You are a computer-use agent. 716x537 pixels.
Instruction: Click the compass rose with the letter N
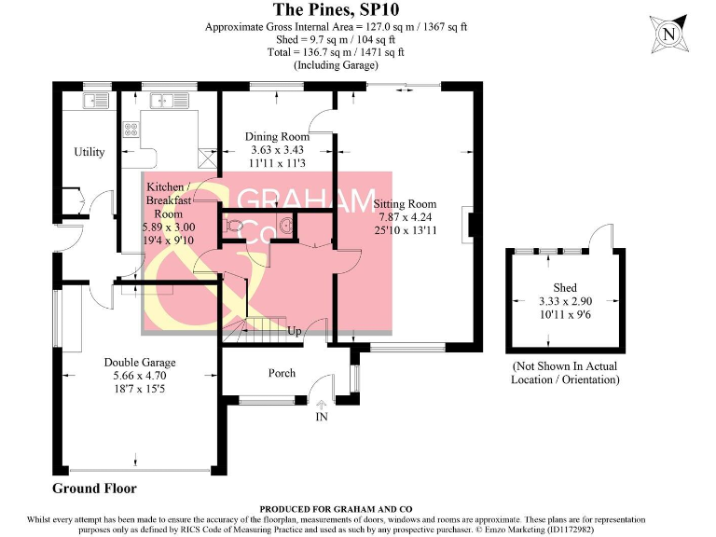click(x=668, y=34)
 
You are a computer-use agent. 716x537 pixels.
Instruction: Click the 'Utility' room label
click(x=89, y=152)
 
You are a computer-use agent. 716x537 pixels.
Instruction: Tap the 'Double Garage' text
click(x=140, y=363)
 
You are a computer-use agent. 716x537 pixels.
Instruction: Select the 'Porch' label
click(x=282, y=373)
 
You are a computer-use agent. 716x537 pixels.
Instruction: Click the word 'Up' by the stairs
click(x=294, y=331)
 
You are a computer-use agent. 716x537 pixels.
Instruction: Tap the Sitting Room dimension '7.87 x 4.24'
click(x=405, y=216)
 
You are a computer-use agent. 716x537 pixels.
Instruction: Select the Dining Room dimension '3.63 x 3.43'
click(x=279, y=150)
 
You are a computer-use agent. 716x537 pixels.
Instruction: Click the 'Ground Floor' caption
click(x=94, y=489)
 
